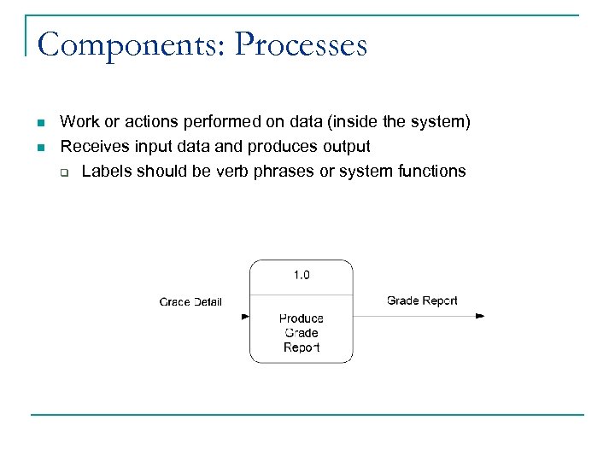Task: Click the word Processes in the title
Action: tap(301, 44)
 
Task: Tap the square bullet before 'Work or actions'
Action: tap(40, 123)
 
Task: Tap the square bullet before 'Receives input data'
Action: tap(40, 148)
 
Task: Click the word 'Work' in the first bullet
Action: tap(78, 123)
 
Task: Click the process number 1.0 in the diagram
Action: tap(302, 275)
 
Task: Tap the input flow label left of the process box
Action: tap(190, 301)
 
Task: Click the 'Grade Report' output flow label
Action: tap(422, 301)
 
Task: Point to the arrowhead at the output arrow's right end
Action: tap(480, 316)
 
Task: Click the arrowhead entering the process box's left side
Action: tap(245, 316)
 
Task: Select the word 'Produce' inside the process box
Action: tap(302, 318)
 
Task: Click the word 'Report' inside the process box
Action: tap(302, 347)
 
